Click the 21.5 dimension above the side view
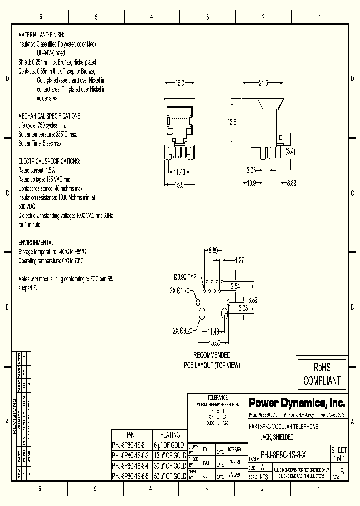[263, 83]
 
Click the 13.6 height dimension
[231, 122]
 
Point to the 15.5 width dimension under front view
[179, 184]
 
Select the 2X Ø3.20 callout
[183, 331]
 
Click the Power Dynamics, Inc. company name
[297, 403]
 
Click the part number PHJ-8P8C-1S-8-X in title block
[283, 455]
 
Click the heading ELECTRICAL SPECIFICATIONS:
[49, 161]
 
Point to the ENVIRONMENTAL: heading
[36, 242]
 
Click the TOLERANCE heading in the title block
[217, 397]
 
